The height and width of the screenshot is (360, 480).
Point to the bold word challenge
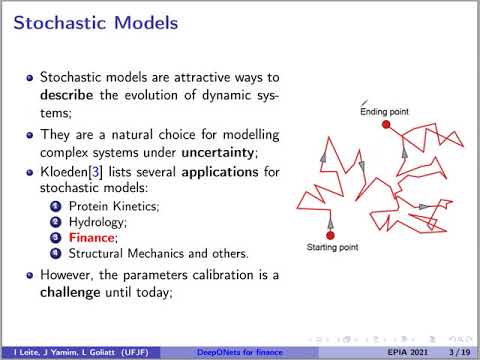pos(69,294)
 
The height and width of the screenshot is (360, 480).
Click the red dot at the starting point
pos(329,237)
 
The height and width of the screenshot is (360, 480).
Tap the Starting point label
pos(332,247)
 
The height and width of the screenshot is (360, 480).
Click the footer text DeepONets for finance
pos(238,350)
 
